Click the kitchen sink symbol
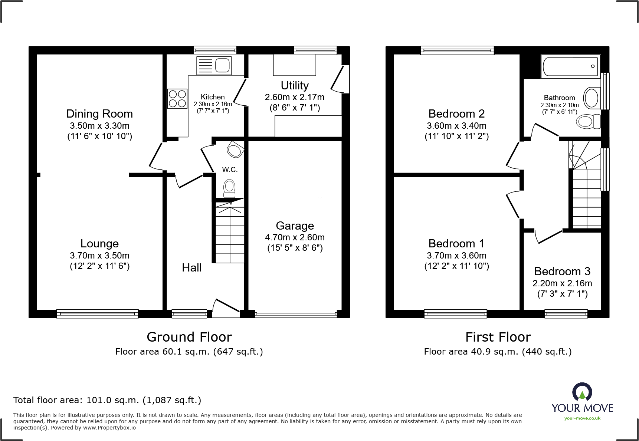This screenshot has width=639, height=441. pos(214,66)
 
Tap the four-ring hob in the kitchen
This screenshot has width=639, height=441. pos(177,99)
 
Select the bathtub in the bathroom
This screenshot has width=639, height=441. pos(570,67)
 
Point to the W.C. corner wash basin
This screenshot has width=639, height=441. pos(235,149)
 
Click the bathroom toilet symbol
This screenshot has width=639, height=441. pos(589,121)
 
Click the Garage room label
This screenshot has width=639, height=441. pos(295,226)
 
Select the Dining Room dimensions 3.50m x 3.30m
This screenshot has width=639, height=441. pos(99,126)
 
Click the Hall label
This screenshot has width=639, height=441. pos(191,267)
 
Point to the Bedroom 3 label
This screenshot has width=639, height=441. pos(562,271)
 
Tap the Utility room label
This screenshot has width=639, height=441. pos(295,85)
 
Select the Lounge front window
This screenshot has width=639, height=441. pos(97,314)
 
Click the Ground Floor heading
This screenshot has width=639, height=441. pos(189,337)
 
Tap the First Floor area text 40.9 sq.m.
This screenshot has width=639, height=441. pos(497,352)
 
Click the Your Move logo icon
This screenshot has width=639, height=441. pos(582,392)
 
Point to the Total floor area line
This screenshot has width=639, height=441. pos(107,400)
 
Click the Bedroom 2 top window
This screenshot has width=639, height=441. pos(457,50)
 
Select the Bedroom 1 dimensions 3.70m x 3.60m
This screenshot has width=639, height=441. pos(456,256)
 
